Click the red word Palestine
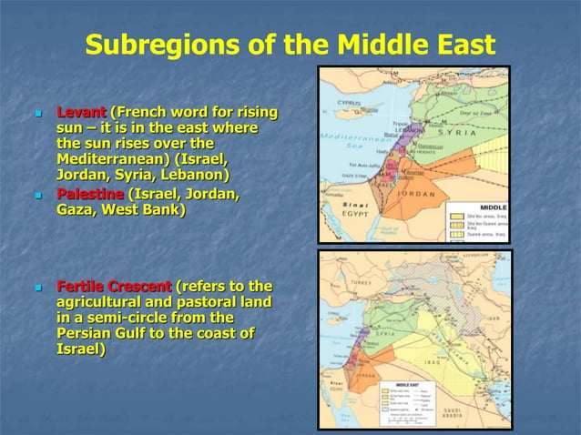coord(89,194)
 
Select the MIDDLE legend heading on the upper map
coord(493,207)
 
